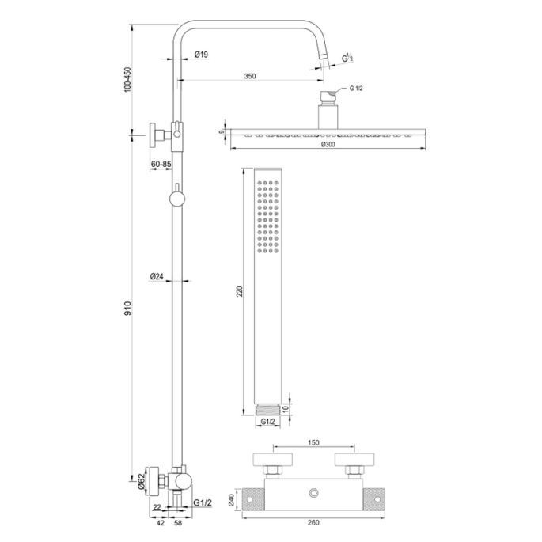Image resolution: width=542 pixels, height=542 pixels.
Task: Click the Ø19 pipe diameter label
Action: pyautogui.click(x=201, y=55)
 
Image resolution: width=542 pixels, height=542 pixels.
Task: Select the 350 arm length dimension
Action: pyautogui.click(x=250, y=77)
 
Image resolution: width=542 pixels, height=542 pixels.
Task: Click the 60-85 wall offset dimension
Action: pyautogui.click(x=161, y=163)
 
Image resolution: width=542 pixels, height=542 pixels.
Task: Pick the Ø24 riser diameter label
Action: pyautogui.click(x=156, y=276)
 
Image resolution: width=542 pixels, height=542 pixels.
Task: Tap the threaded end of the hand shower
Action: pyautogui.click(x=267, y=410)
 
